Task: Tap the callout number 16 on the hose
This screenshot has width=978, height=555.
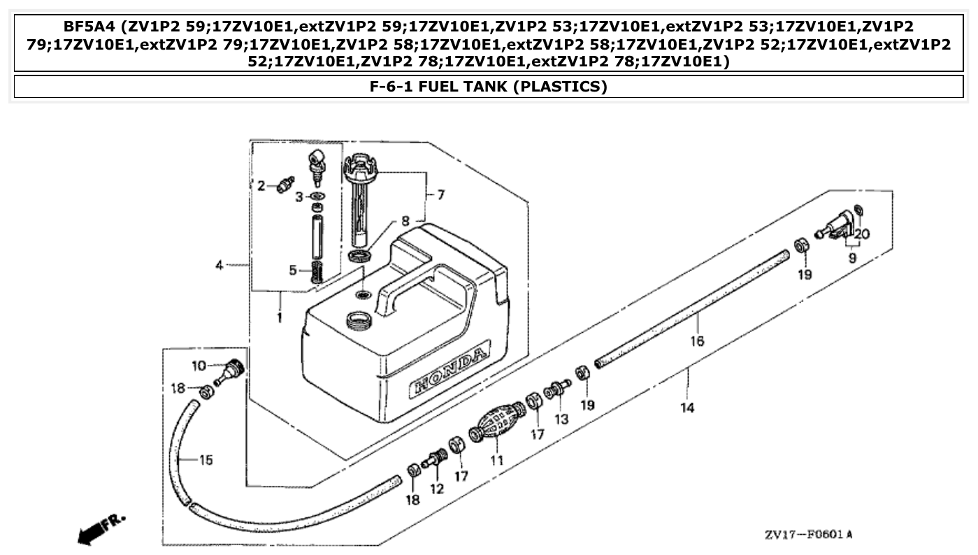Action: pyautogui.click(x=697, y=341)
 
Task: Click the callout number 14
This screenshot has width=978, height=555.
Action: pyautogui.click(x=688, y=408)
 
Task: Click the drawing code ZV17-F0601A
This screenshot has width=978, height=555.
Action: pyautogui.click(x=808, y=535)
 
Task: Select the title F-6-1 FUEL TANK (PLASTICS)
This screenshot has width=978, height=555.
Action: pyautogui.click(x=488, y=87)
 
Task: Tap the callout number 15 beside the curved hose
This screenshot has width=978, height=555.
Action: pyautogui.click(x=206, y=460)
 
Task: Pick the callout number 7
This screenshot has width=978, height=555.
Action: pyautogui.click(x=440, y=195)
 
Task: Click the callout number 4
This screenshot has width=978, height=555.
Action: pyautogui.click(x=219, y=266)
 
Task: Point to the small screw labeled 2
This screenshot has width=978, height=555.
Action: pyautogui.click(x=284, y=185)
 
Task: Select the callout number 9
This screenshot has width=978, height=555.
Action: pyautogui.click(x=851, y=258)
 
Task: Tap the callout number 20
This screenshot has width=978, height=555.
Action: pyautogui.click(x=861, y=234)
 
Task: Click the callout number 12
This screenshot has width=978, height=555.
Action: pyautogui.click(x=437, y=489)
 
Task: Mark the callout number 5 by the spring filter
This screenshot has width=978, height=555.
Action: pyautogui.click(x=294, y=269)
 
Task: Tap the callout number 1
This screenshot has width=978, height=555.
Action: pyautogui.click(x=279, y=318)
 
